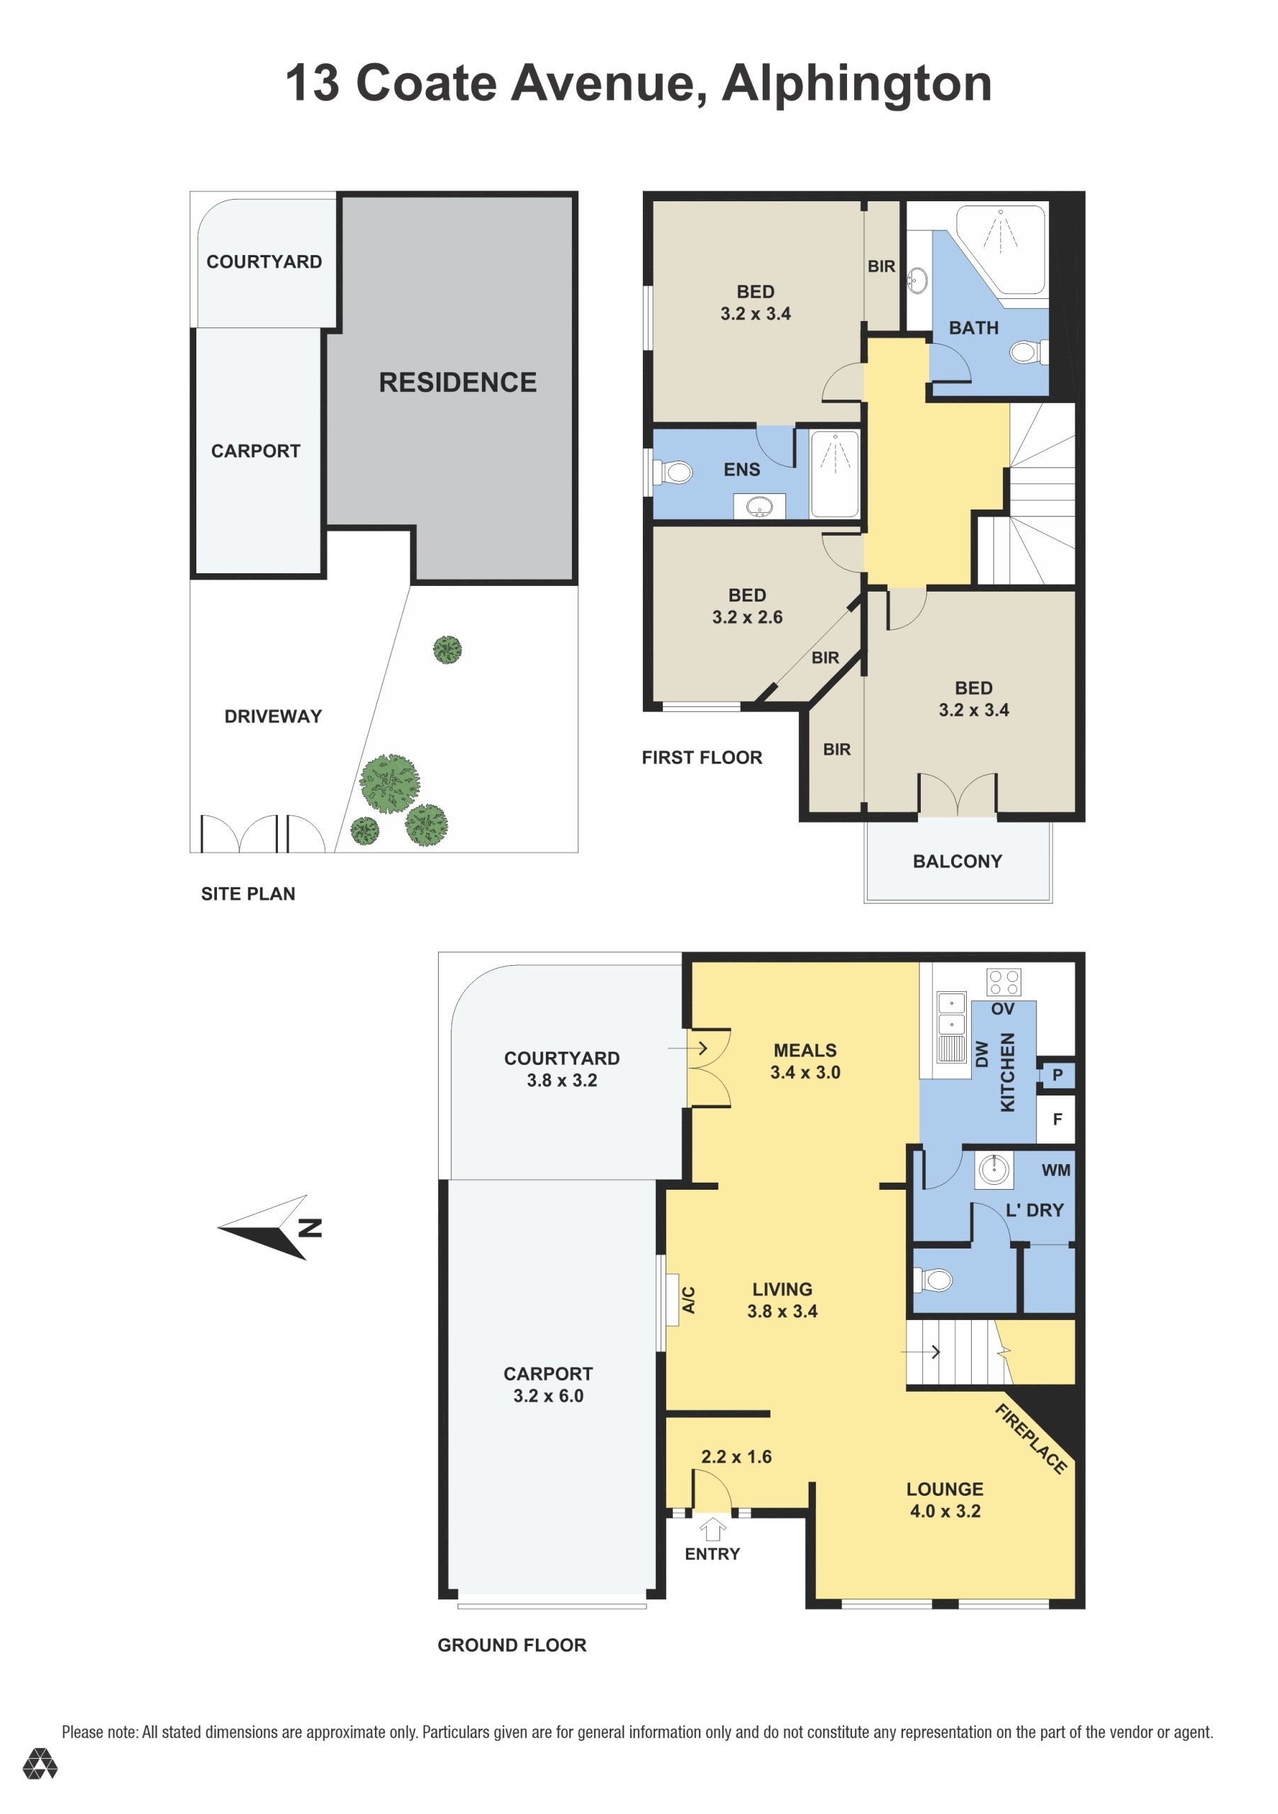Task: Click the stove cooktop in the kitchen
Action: click(1004, 982)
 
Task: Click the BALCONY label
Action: click(957, 861)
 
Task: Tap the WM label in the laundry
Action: click(1056, 1170)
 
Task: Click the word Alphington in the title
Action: click(857, 84)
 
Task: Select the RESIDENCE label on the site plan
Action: click(458, 383)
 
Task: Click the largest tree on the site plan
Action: click(390, 783)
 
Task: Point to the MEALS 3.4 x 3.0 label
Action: click(805, 1061)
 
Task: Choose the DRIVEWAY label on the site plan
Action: click(273, 716)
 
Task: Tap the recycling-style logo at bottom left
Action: click(40, 1764)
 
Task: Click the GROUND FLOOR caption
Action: click(512, 1645)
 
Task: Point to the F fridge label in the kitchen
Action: click(1058, 1119)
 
